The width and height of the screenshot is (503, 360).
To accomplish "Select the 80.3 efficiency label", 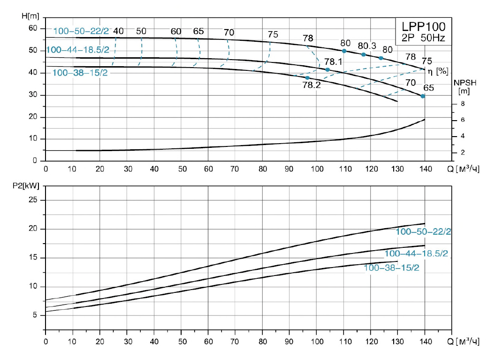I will (x=367, y=46).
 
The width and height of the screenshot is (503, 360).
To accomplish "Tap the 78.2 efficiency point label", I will (x=308, y=86).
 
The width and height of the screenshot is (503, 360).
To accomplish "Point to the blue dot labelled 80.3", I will (x=363, y=54).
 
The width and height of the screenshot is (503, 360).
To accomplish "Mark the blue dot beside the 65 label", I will (x=423, y=96).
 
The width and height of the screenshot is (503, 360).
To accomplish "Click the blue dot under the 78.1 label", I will (x=328, y=70).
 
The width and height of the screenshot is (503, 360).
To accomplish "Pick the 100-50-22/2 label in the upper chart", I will (x=81, y=31).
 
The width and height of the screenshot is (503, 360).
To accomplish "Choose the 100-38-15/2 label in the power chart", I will (x=391, y=268).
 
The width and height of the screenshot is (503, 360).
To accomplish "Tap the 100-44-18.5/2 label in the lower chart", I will (x=416, y=254).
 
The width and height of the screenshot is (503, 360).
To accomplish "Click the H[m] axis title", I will (x=31, y=16).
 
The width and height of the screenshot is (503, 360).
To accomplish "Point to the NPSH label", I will (x=465, y=83).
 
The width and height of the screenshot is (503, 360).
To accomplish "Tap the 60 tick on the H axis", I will (x=32, y=28).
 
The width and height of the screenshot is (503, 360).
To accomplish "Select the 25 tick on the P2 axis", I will (x=32, y=200).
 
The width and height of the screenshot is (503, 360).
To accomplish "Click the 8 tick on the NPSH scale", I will (x=462, y=104).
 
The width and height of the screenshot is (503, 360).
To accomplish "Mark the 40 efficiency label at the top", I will (x=118, y=31).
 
